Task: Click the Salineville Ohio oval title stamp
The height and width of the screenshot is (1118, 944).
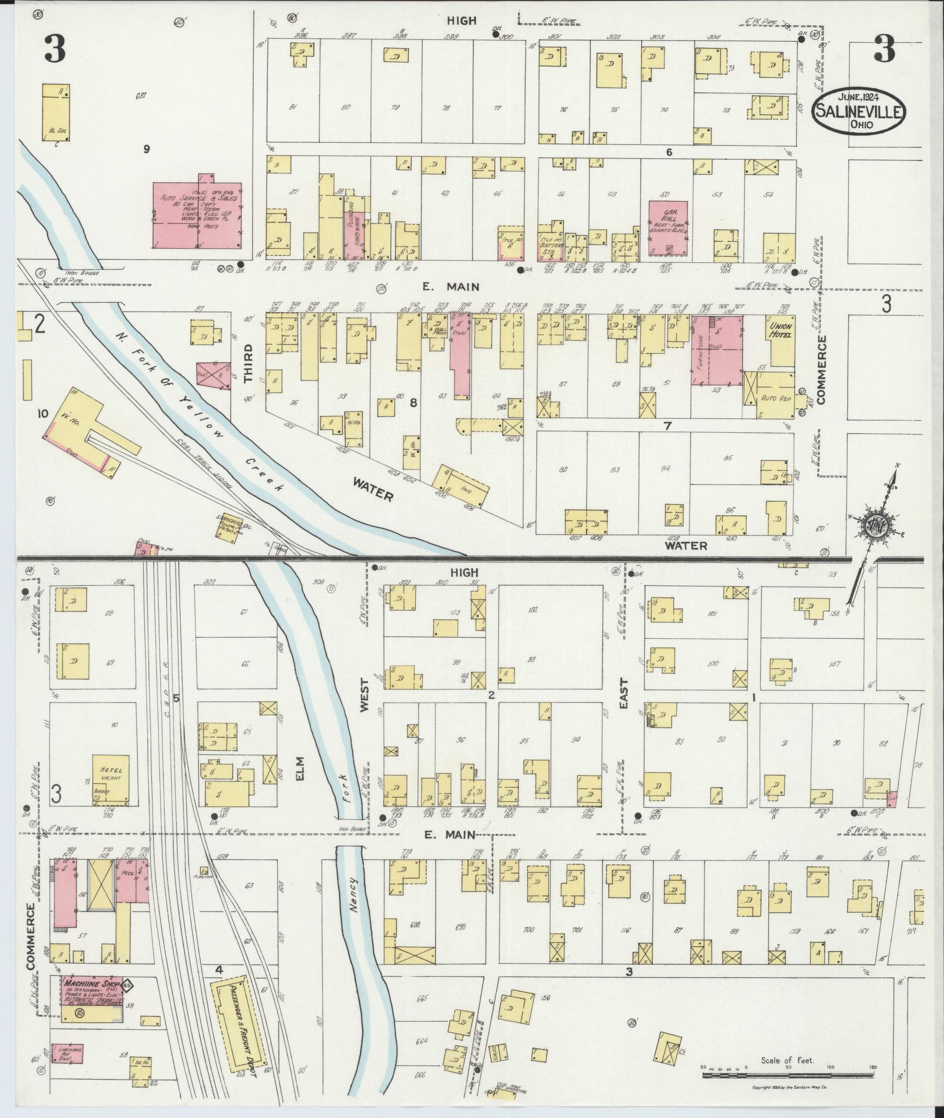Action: click(x=859, y=111)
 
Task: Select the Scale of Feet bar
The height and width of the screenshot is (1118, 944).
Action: click(x=789, y=1075)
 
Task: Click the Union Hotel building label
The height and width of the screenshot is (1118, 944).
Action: click(x=781, y=331)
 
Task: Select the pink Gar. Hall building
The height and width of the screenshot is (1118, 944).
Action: click(x=667, y=227)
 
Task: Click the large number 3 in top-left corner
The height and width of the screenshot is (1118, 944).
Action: click(x=55, y=49)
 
